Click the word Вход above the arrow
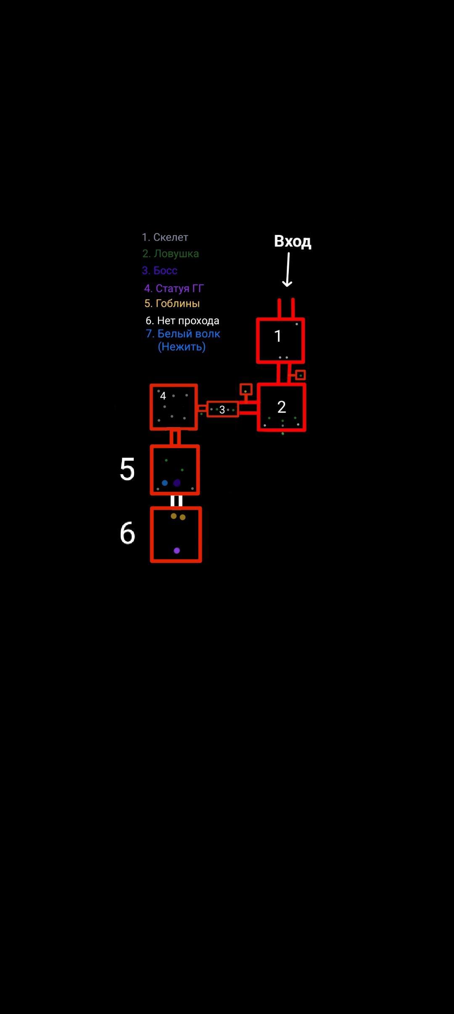(293, 241)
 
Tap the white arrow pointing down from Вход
(288, 269)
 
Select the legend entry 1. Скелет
(165, 237)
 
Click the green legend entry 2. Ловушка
(170, 253)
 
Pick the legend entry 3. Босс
(159, 270)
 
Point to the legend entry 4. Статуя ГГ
(174, 288)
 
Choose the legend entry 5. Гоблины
(172, 304)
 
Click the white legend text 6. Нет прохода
(182, 321)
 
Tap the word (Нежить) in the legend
(182, 347)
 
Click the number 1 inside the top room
(277, 336)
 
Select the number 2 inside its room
(282, 407)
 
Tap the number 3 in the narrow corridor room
(222, 410)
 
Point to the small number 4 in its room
(163, 396)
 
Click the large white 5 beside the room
(127, 469)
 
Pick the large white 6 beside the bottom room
(127, 533)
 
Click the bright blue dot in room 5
(165, 483)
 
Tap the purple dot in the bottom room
(177, 551)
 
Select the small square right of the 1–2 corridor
(300, 375)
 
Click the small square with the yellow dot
(246, 390)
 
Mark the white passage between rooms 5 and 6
(177, 501)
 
